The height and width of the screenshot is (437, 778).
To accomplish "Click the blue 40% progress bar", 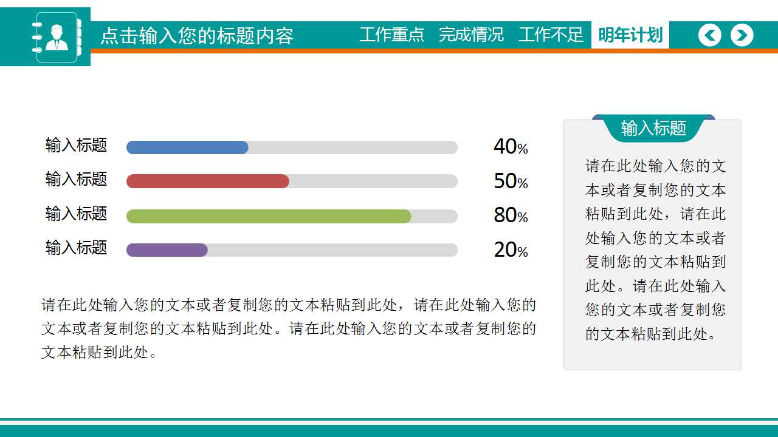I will [x=187, y=147].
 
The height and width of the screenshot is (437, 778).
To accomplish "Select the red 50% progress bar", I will [x=208, y=181].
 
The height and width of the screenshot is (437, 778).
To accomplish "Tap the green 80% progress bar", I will [x=269, y=216].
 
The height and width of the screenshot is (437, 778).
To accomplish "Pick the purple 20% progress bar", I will [x=167, y=250].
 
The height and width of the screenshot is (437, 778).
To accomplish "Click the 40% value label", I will [x=511, y=147].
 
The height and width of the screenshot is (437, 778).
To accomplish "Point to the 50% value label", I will [x=511, y=181].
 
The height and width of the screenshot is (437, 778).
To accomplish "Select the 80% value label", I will [x=511, y=215].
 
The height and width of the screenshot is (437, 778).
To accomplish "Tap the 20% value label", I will [x=511, y=250].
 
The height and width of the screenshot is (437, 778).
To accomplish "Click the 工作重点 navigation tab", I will [x=391, y=35].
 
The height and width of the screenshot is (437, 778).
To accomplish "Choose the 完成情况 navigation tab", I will [x=471, y=35].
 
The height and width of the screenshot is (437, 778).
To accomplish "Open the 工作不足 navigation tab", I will [x=551, y=35].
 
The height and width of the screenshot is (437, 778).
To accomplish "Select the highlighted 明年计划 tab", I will [x=630, y=35].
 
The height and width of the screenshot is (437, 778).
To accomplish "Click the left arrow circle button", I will [x=709, y=35].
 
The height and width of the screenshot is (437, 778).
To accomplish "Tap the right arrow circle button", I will [x=742, y=35].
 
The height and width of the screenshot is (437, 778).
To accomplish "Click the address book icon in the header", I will [x=56, y=37].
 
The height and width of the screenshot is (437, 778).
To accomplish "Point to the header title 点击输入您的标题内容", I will [x=197, y=36].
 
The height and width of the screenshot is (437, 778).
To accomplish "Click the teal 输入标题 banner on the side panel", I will [x=653, y=128].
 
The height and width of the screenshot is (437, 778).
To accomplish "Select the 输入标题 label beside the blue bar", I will [x=76, y=145].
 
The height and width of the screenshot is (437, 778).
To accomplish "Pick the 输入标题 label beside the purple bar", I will [x=76, y=248].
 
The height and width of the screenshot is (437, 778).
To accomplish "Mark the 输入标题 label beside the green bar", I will [x=76, y=214].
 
